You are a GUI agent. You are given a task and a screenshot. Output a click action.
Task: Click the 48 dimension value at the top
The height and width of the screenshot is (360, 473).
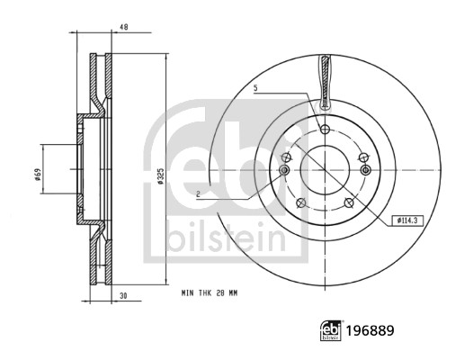124,27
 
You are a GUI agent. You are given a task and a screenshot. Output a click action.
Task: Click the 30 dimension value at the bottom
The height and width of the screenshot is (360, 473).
123,296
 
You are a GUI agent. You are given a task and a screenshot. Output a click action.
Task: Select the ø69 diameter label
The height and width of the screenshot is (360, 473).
38,175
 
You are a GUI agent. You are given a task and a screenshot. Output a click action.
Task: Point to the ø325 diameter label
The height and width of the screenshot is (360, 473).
161,175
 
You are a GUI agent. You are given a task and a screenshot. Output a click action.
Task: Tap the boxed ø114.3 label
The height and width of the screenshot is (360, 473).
407,221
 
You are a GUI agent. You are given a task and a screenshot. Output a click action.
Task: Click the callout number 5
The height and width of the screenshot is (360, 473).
255,88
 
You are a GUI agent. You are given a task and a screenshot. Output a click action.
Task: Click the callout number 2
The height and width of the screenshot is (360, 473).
198,194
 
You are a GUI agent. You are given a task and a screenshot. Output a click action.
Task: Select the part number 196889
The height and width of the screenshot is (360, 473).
370,330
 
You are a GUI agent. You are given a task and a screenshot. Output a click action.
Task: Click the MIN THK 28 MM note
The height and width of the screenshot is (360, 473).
210,293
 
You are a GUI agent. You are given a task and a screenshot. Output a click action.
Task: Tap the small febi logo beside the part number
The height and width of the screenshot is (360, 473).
331,330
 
